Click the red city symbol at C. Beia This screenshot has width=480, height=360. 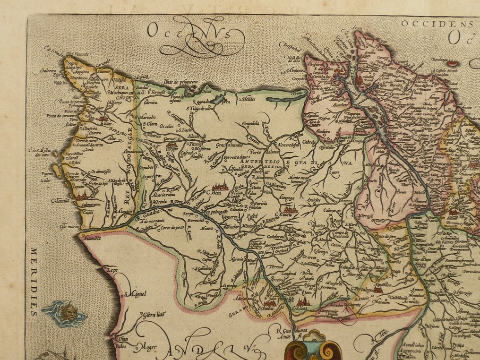coord(220,187)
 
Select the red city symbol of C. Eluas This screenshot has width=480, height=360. coord(302,302)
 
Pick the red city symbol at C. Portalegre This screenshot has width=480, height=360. coord(377,289)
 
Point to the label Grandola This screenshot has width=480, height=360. coord(251,124)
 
